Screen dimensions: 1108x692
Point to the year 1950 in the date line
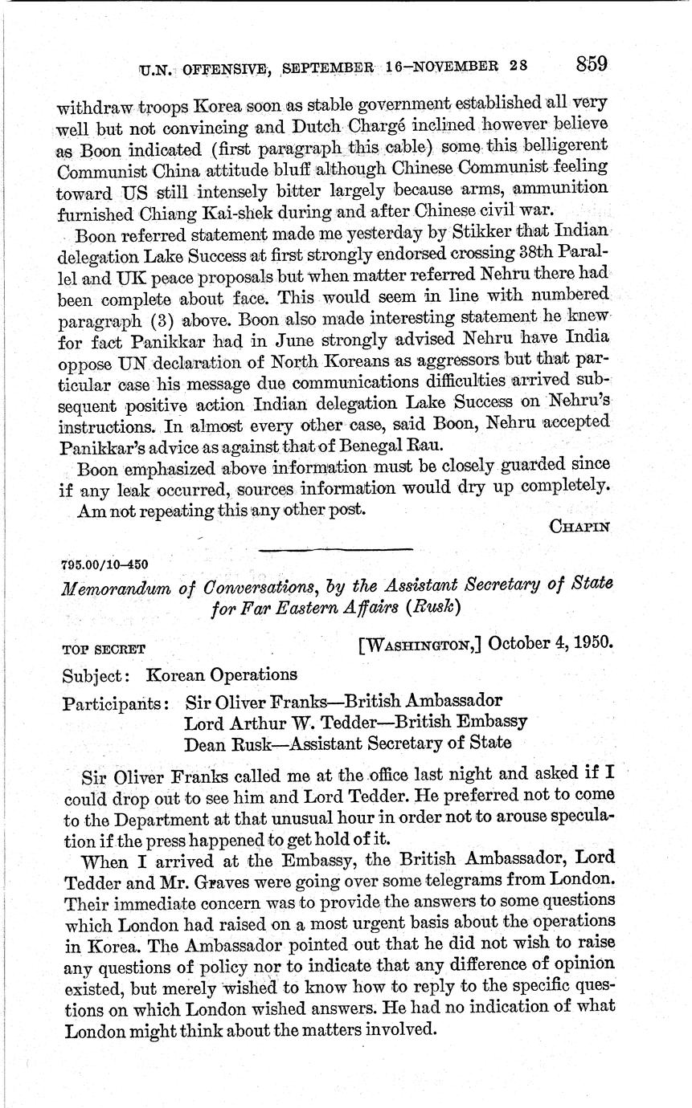click(x=592, y=644)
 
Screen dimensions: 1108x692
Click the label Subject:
click(x=89, y=674)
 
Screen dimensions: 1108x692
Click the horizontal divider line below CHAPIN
click(x=336, y=548)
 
